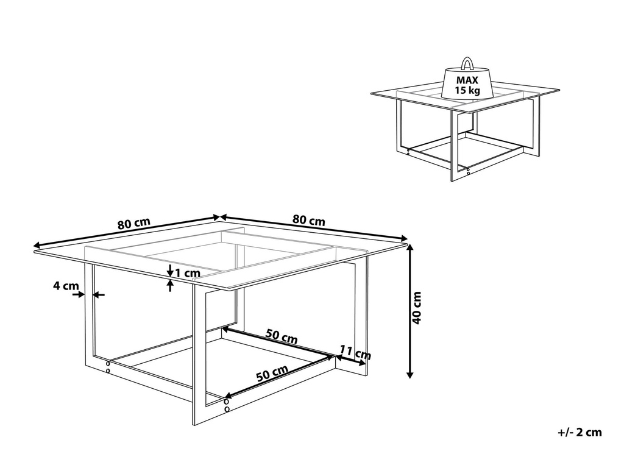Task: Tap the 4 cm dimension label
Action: coord(66,285)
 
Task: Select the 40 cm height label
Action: coord(417,308)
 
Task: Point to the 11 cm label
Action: coord(355,352)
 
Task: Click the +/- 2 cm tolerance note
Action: coord(579,433)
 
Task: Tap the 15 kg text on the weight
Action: coord(467,91)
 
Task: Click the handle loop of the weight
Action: coord(467,62)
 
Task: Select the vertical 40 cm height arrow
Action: coord(410,311)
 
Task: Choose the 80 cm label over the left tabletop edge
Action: coord(133,224)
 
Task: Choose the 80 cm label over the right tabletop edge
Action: coord(309,220)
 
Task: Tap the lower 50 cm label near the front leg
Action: coord(272,373)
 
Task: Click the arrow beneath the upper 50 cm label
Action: coord(280,343)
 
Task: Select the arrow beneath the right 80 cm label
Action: coord(314,227)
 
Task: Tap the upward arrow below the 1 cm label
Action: coord(170,286)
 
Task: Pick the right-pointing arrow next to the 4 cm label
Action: coord(78,295)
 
